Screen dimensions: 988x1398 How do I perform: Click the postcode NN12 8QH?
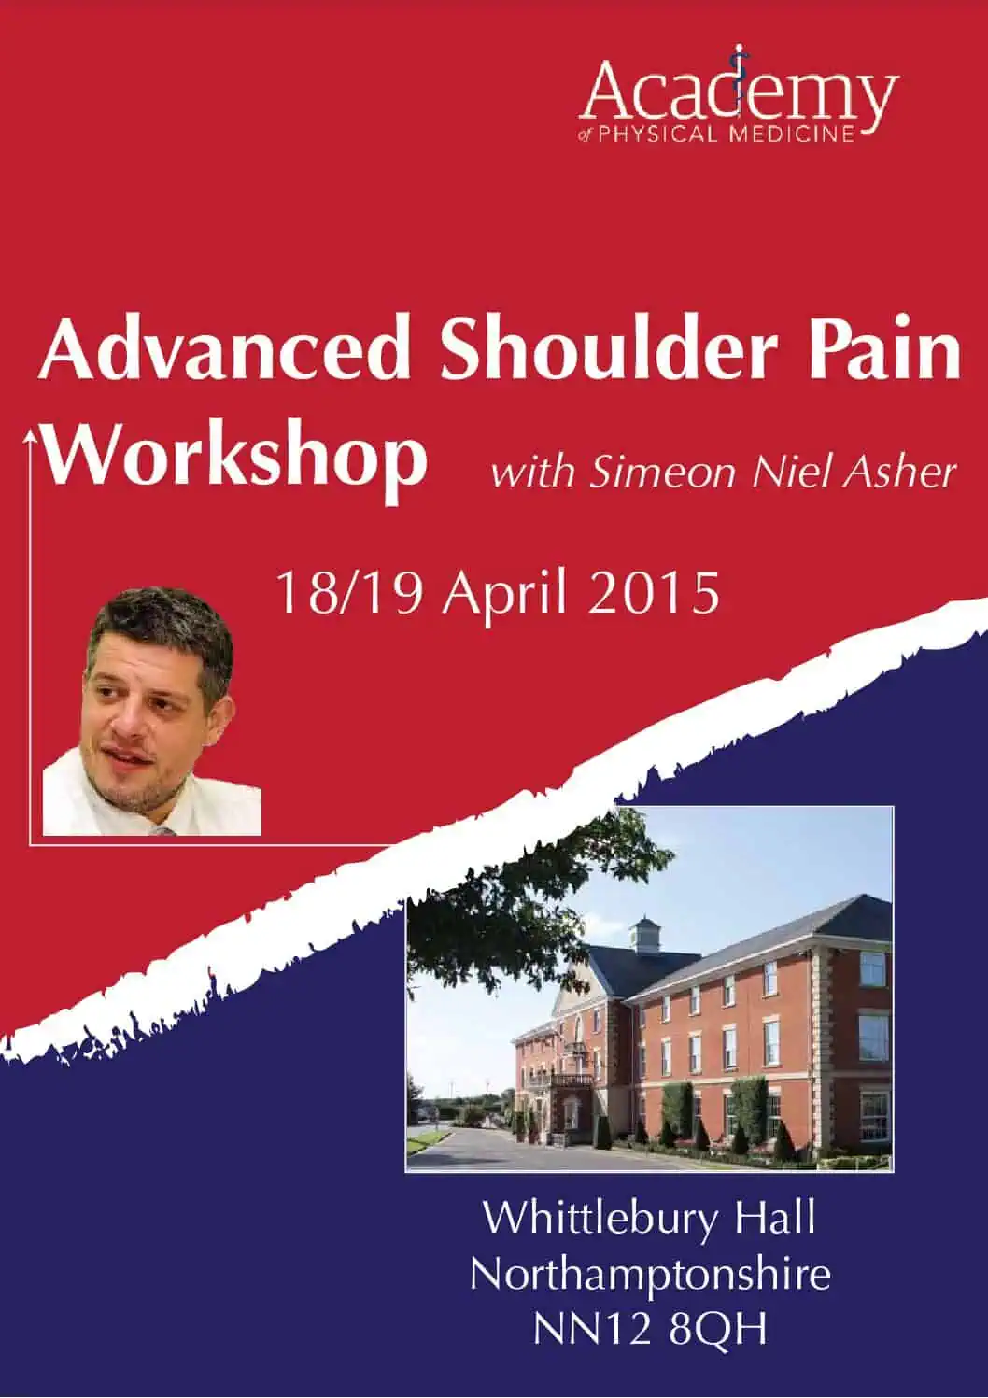(650, 1329)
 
